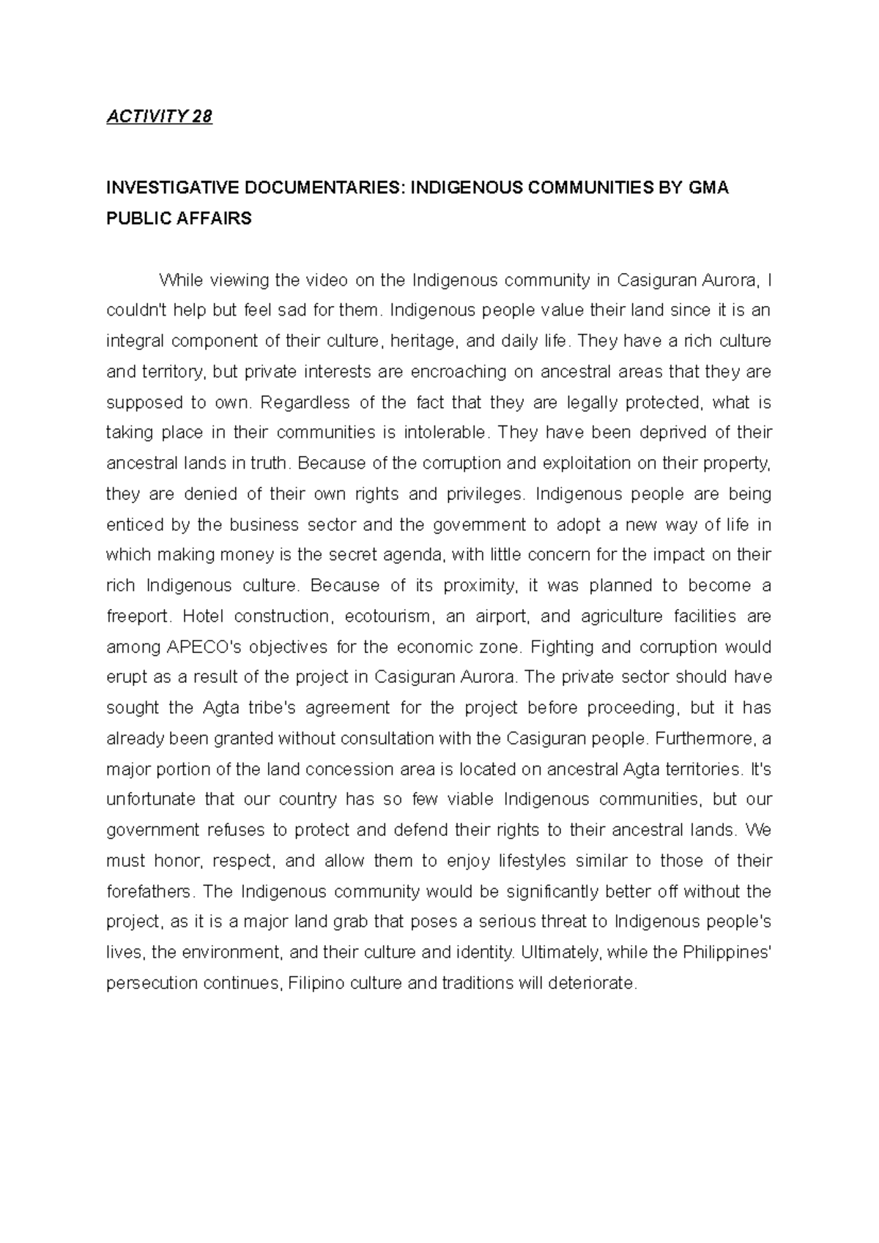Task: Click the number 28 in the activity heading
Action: pyautogui.click(x=201, y=117)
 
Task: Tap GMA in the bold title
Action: pyautogui.click(x=709, y=188)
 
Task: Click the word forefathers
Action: pyautogui.click(x=151, y=892)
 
